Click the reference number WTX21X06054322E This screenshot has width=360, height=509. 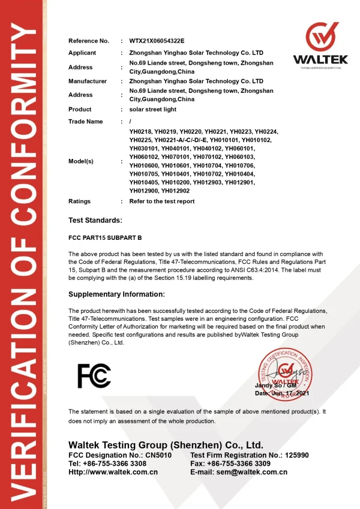157,41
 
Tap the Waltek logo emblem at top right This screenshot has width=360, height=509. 320,37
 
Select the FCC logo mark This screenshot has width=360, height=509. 94,375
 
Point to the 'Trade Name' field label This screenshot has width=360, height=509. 85,122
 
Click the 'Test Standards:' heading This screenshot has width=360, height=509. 95,221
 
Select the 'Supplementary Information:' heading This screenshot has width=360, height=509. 116,294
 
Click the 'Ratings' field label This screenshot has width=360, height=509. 80,201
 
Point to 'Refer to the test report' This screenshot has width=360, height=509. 162,201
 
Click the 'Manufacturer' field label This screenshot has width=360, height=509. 88,81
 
